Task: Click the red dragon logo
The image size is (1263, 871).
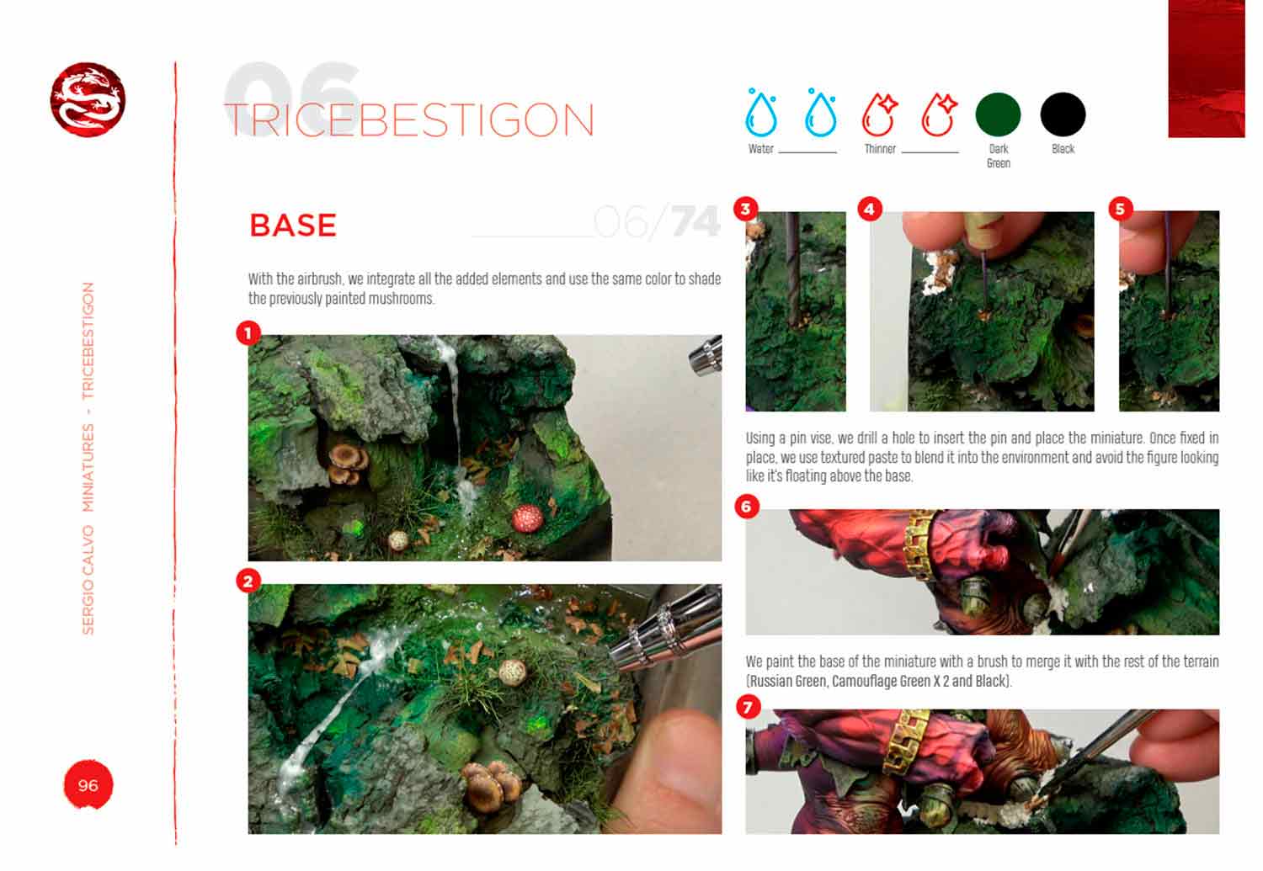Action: point(88,99)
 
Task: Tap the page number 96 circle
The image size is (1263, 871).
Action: point(88,785)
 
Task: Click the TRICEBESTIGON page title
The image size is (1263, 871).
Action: point(410,120)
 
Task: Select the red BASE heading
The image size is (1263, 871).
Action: point(293,226)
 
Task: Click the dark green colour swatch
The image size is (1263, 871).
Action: point(998,114)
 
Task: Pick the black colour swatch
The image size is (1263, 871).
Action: point(1063,114)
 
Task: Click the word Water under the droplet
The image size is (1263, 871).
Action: point(760,149)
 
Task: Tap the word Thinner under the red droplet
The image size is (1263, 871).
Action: point(879,149)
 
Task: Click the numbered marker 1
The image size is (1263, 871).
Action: point(248,333)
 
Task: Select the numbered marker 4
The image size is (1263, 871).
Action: point(870,209)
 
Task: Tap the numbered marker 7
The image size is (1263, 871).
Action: point(748,706)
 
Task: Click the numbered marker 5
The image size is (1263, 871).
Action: point(1120,209)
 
